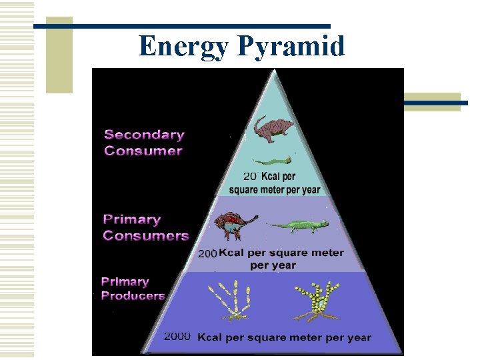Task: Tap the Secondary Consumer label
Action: pyautogui.click(x=143, y=143)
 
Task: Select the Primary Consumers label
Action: pyautogui.click(x=145, y=227)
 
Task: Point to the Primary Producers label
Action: pyautogui.click(x=133, y=289)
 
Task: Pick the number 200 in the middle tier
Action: pyautogui.click(x=207, y=254)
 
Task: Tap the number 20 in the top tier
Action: pyautogui.click(x=250, y=177)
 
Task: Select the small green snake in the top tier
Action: pyautogui.click(x=272, y=161)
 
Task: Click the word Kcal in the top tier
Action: pyautogui.click(x=278, y=177)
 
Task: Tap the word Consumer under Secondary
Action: pyautogui.click(x=143, y=151)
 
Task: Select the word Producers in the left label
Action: pyautogui.click(x=133, y=296)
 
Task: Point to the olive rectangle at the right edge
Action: pyautogui.click(x=433, y=101)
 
